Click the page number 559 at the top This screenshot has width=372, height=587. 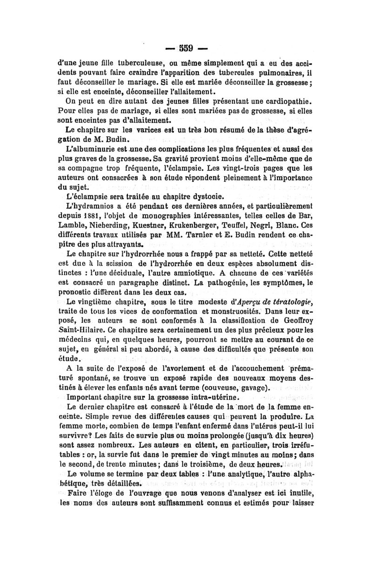tap(186, 48)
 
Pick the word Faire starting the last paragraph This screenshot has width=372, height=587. tap(78, 494)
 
